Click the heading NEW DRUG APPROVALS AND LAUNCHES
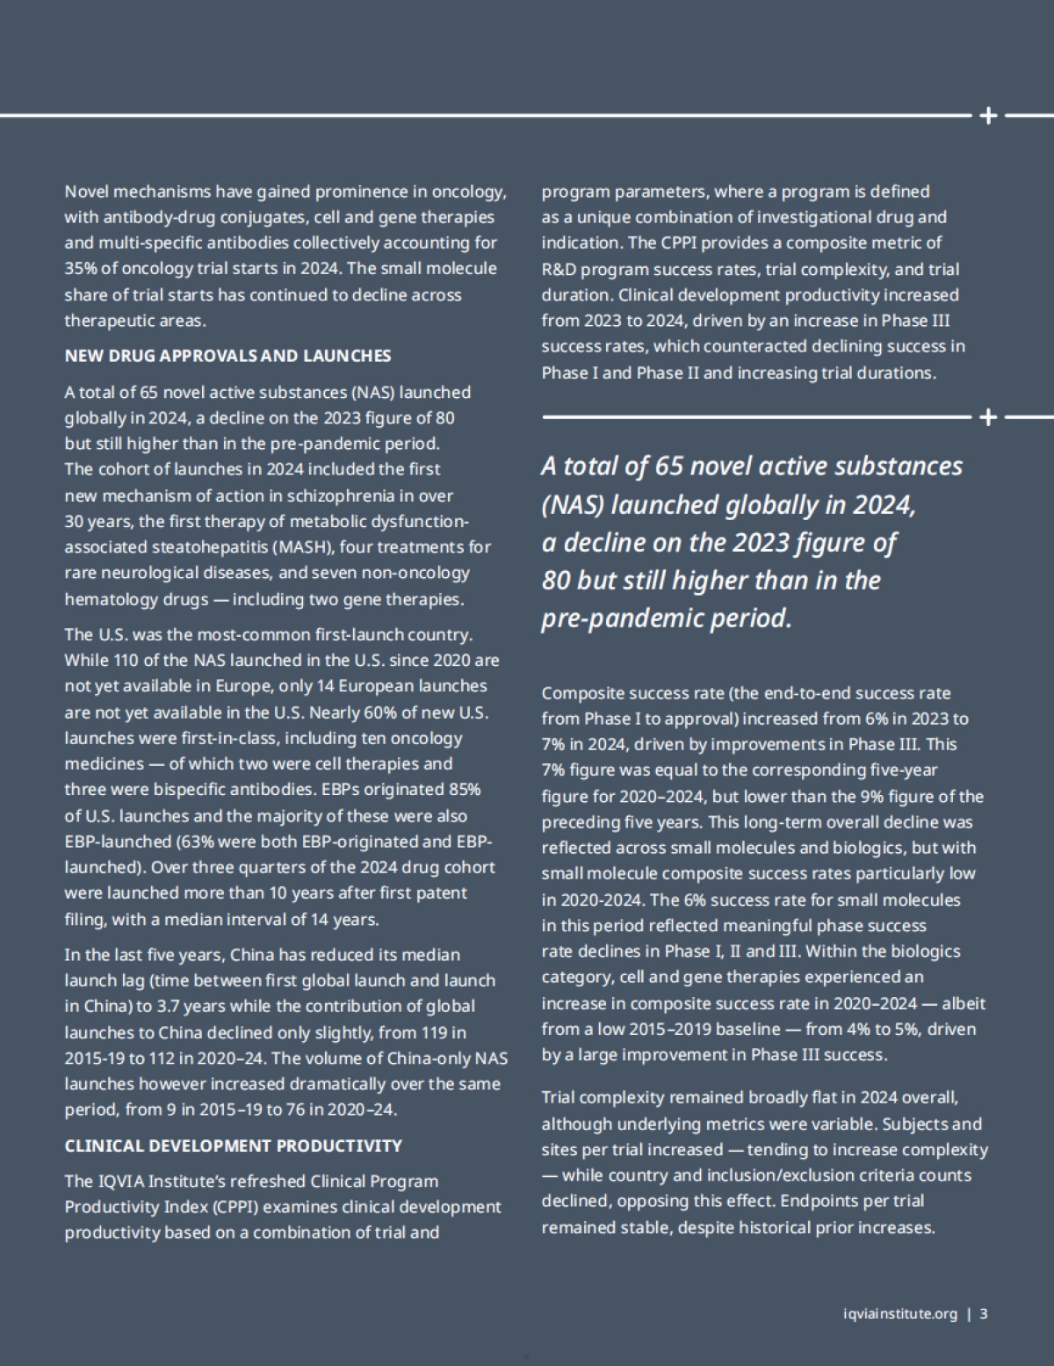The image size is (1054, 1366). tap(227, 356)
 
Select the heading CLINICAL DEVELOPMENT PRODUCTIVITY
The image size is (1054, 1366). tap(233, 1146)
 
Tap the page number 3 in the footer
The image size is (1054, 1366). tap(984, 1314)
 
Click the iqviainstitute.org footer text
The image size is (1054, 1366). tap(899, 1314)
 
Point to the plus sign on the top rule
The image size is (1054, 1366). tap(988, 115)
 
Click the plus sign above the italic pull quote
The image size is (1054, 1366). tap(988, 417)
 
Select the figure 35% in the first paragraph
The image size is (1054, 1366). tap(80, 269)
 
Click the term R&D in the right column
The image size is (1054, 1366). tap(558, 269)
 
